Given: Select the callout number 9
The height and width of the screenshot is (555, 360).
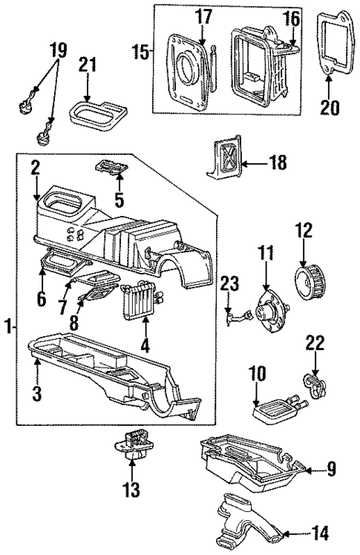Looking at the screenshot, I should point(331,468).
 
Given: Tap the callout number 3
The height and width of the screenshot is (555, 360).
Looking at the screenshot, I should point(36,393).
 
